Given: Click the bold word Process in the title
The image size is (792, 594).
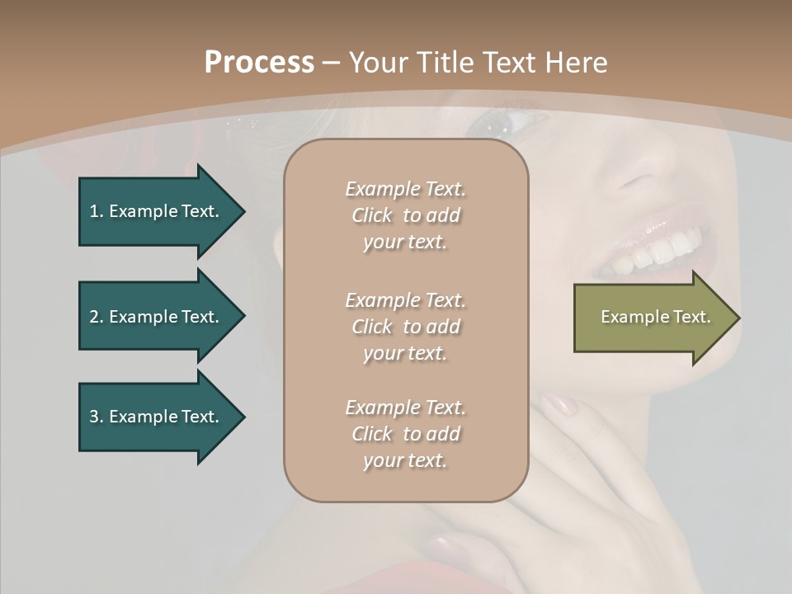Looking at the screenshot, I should pos(259,63).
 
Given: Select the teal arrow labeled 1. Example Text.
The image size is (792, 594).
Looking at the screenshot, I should pos(157,211).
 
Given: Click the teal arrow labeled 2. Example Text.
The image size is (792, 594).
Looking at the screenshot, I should pos(157,317).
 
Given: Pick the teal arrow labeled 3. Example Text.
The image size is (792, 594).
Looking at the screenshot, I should pos(157,417).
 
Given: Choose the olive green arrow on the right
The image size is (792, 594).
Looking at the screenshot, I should pos(652,318).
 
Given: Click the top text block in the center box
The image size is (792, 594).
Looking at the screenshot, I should pos(405,215).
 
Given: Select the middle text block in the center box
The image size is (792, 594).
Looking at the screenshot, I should pos(405,326).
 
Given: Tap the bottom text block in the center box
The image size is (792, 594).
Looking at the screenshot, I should pos(405,434).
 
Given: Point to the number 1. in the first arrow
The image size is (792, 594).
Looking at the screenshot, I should pos(97,211).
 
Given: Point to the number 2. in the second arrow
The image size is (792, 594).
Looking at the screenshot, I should pos(97,317).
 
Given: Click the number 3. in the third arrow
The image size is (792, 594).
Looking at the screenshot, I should pos(97,417).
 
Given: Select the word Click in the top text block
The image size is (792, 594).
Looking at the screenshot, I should pos(372,216).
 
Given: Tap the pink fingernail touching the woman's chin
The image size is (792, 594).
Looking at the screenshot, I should pos(560,404).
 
